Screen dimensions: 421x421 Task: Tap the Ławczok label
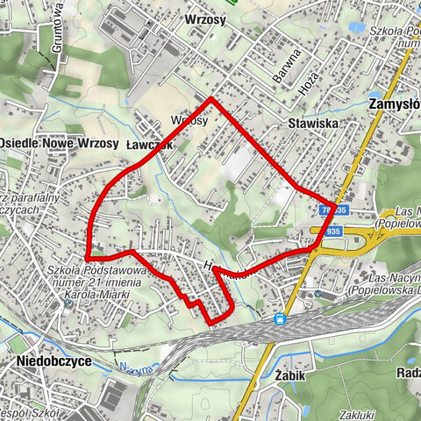click(146, 142)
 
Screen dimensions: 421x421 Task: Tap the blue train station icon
click(280, 319)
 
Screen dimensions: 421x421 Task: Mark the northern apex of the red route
click(211, 98)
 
